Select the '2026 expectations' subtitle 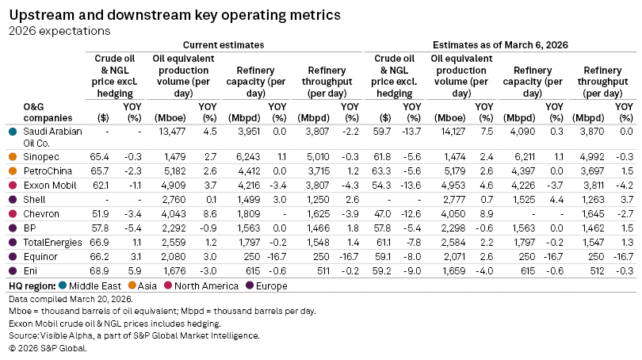59,31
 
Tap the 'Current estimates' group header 224,45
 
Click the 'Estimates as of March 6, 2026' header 500,45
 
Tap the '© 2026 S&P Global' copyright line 47,347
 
